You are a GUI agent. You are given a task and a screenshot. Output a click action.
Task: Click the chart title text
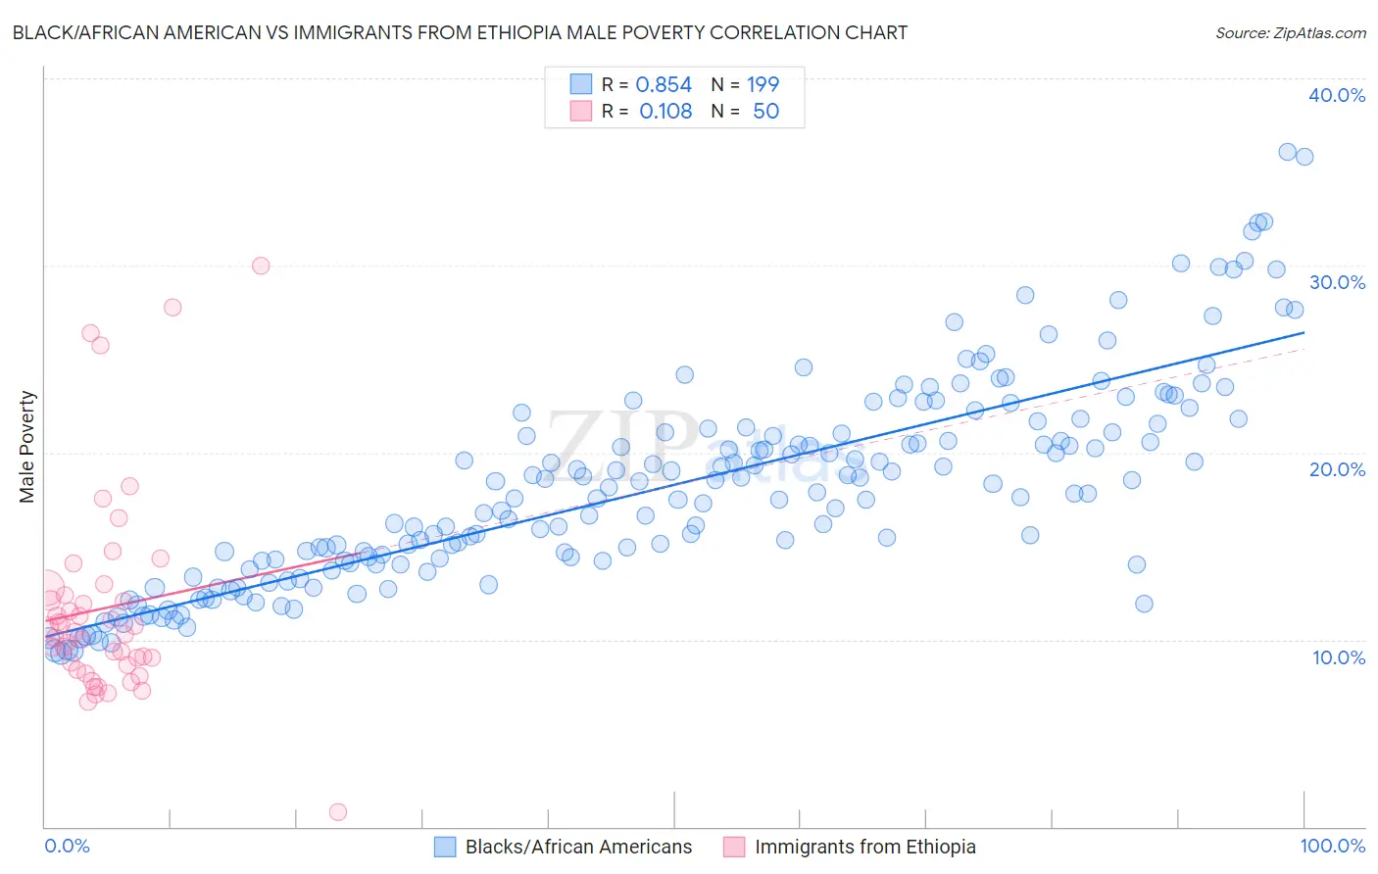tap(460, 32)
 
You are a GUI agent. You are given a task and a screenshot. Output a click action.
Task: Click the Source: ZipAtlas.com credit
tap(1290, 32)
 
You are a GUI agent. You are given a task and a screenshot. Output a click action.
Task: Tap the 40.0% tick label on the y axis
tap(1337, 95)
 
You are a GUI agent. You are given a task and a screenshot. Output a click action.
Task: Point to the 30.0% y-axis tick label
tap(1337, 282)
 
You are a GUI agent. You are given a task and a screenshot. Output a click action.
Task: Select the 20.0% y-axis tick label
tap(1337, 469)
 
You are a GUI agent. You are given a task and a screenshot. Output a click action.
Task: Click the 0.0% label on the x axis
tap(67, 846)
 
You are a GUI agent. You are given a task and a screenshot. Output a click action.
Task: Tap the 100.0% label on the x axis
tap(1332, 846)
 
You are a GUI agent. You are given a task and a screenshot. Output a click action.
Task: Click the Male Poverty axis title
tap(27, 447)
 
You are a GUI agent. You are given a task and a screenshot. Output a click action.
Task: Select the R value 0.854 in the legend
tap(664, 85)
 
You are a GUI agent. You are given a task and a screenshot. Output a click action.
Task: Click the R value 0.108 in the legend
tap(665, 112)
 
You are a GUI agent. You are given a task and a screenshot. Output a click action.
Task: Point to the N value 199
tap(763, 85)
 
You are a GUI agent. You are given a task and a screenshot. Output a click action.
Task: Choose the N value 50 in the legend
tap(765, 112)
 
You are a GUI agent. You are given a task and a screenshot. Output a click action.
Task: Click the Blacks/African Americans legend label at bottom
tap(578, 848)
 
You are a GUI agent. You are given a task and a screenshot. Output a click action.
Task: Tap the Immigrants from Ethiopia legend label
tap(865, 848)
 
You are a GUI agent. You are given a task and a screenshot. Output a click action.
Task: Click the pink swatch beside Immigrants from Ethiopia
tap(734, 848)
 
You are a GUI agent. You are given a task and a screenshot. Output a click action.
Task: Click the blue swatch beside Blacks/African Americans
tap(445, 848)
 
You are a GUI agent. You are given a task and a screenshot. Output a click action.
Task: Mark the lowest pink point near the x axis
tap(337, 811)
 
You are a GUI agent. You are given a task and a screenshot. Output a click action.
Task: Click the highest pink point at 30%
tap(260, 266)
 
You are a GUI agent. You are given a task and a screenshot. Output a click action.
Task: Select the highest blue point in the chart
tap(1288, 152)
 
